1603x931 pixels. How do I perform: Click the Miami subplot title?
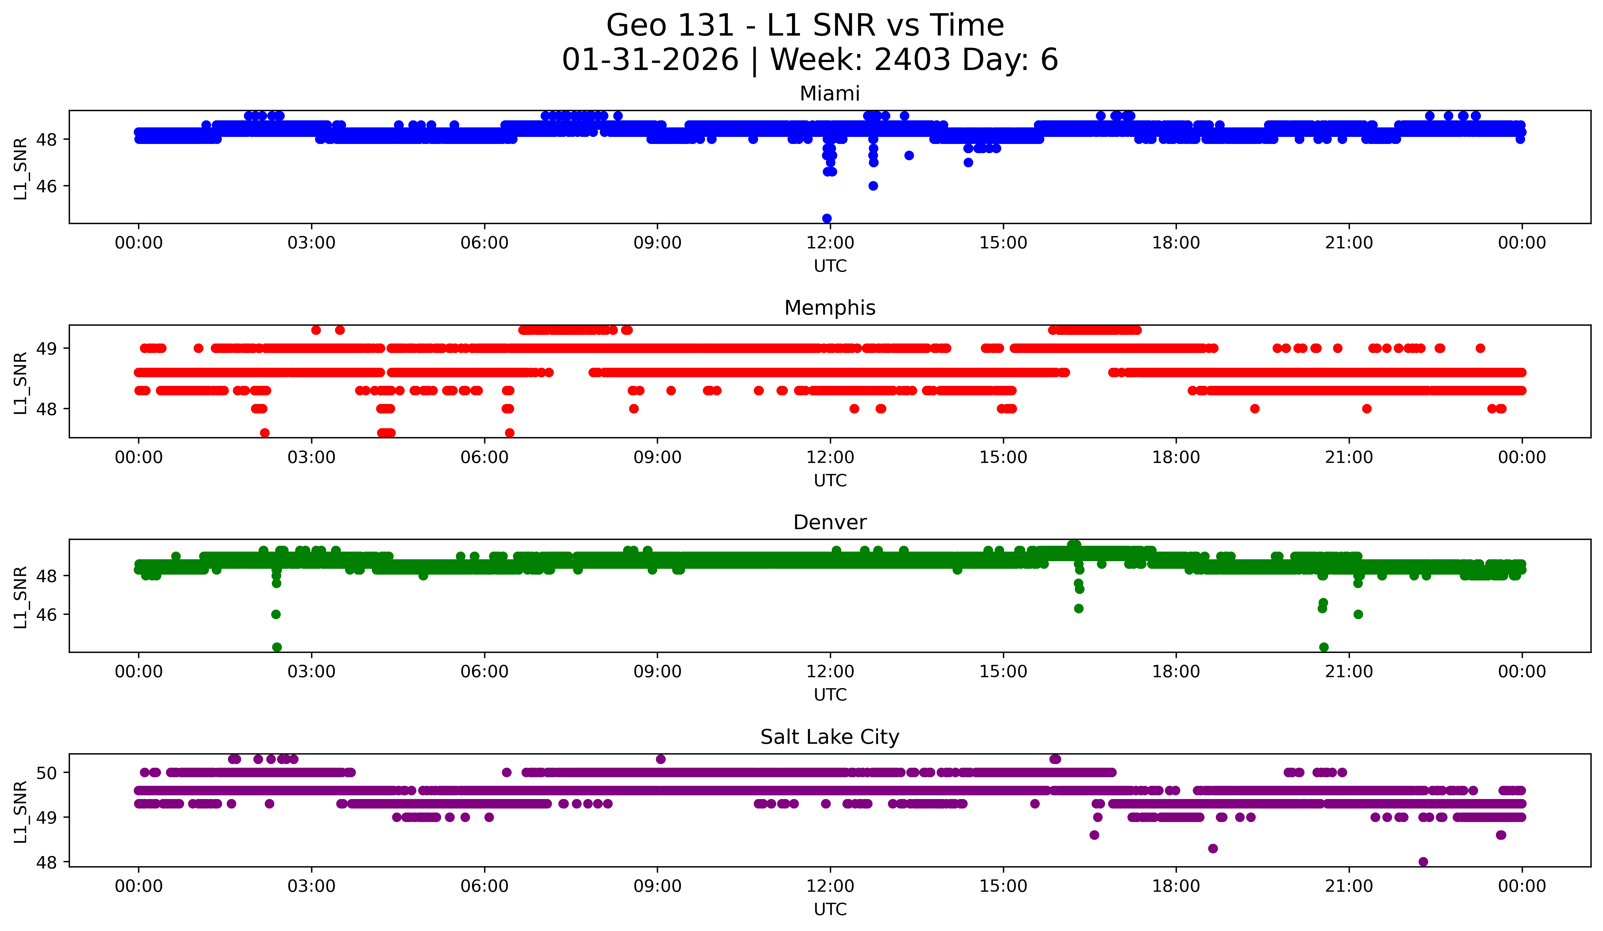click(830, 94)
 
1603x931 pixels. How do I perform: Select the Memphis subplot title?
click(830, 308)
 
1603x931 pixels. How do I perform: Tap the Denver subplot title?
click(830, 522)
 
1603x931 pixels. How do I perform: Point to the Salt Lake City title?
click(830, 737)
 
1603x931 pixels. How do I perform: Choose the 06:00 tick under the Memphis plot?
click(484, 457)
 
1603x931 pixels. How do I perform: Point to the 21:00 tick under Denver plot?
click(1349, 671)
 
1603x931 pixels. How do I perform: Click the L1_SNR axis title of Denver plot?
click(20, 597)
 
